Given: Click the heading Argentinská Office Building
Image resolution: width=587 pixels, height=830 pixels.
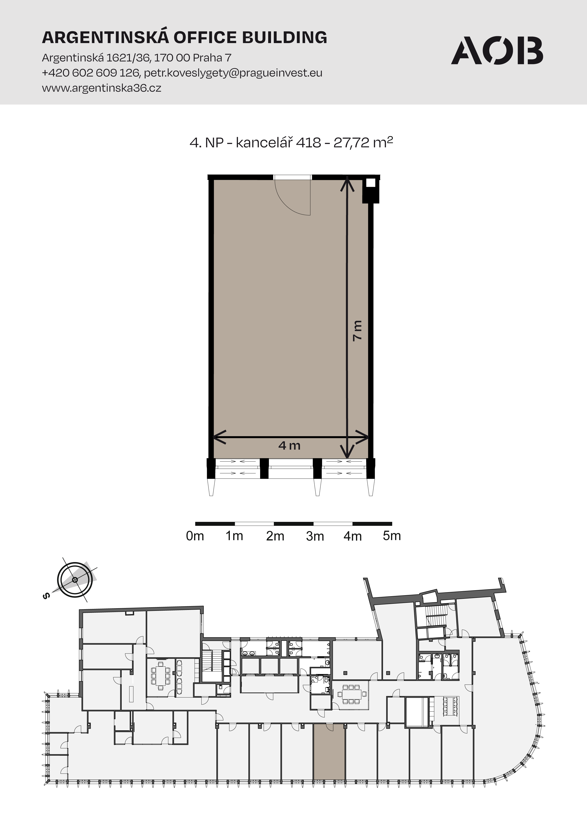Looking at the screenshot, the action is coord(185,37).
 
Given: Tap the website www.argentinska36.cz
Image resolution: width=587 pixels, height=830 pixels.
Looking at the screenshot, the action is coord(102,88).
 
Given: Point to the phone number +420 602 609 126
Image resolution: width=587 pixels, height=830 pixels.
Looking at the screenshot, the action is coord(90,73).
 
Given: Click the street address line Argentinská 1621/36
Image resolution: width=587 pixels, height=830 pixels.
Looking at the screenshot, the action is coord(96,58).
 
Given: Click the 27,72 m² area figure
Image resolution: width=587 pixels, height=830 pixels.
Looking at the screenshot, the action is coord(363,142).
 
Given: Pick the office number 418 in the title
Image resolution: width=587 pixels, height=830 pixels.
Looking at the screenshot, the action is coord(308,143).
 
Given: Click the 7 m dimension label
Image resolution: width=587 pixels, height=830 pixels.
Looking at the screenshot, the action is coord(357,330).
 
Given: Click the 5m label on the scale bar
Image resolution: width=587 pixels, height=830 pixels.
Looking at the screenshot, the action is coord(392,536).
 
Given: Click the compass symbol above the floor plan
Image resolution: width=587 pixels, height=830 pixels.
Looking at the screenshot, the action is coord(75,580).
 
